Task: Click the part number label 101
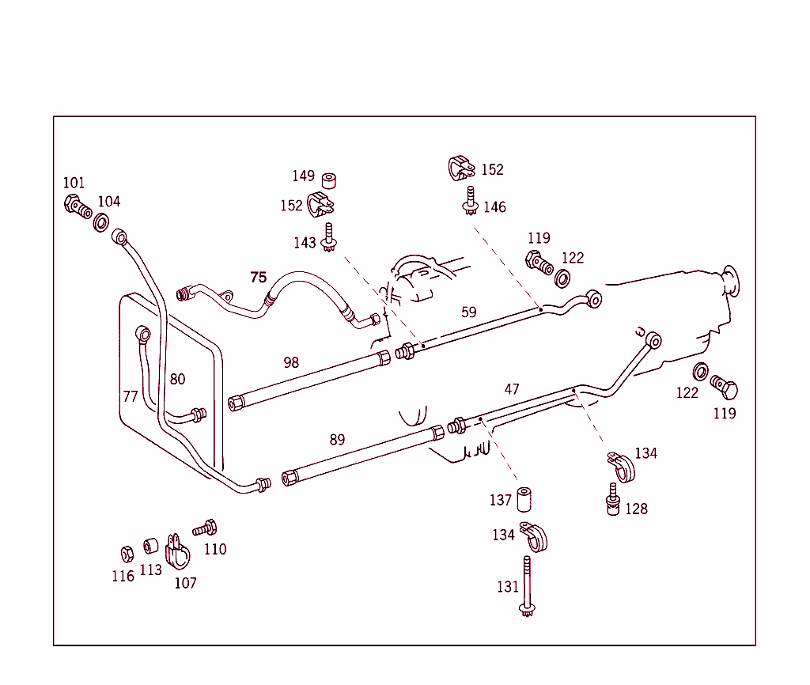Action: pos(74,183)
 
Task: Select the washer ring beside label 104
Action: pos(101,221)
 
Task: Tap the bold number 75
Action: pos(258,277)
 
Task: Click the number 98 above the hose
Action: pos(291,362)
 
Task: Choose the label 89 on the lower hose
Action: pos(337,440)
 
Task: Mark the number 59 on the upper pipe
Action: pos(469,312)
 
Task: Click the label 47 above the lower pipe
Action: pos(512,389)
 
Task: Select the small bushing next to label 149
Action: pos(329,180)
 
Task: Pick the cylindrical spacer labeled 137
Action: pos(524,500)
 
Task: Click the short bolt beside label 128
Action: pos(612,501)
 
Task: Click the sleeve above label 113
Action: pos(150,546)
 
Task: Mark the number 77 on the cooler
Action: pos(131,396)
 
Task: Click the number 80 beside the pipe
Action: pos(177,379)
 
